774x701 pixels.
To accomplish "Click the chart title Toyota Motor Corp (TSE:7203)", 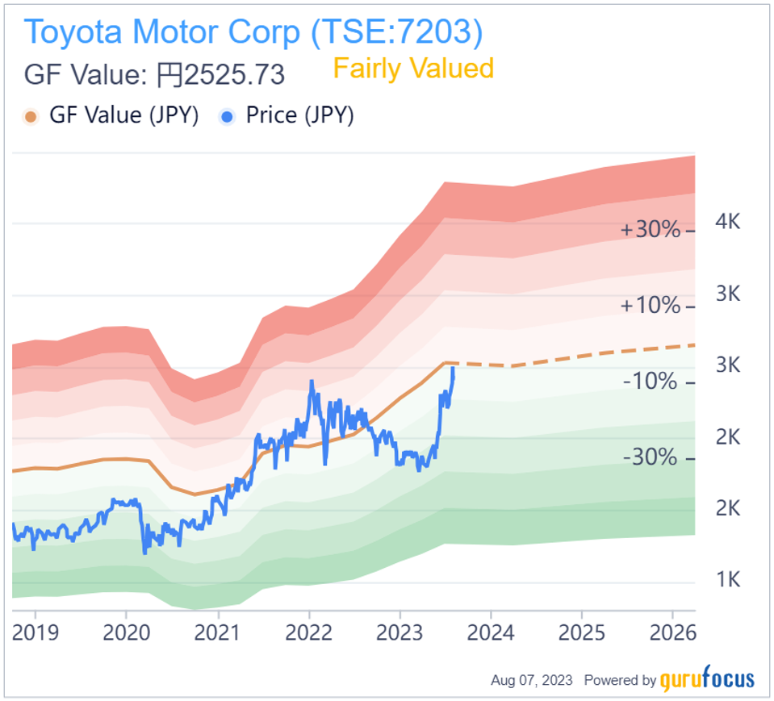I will click(253, 31).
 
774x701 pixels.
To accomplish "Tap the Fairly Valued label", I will click(412, 69).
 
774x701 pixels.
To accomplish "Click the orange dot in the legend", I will click(31, 116).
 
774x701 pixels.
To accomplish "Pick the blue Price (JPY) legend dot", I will click(228, 116).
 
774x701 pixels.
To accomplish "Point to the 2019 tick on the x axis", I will click(36, 631).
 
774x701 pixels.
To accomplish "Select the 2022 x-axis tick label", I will click(310, 631).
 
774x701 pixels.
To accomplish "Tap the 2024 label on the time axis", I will click(492, 631).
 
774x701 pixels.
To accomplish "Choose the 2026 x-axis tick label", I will click(674, 631).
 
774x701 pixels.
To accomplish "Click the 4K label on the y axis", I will click(729, 222).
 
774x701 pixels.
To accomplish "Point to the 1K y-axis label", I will click(729, 579).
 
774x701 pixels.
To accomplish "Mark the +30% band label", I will click(651, 230).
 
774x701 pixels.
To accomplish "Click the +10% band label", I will click(651, 306).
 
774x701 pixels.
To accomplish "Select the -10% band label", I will click(650, 382).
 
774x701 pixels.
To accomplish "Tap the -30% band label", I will click(650, 457).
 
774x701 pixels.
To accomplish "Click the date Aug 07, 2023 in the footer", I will click(532, 681).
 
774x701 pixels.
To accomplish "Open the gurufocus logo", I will click(708, 680).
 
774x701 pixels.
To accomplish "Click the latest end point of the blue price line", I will click(453, 369).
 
